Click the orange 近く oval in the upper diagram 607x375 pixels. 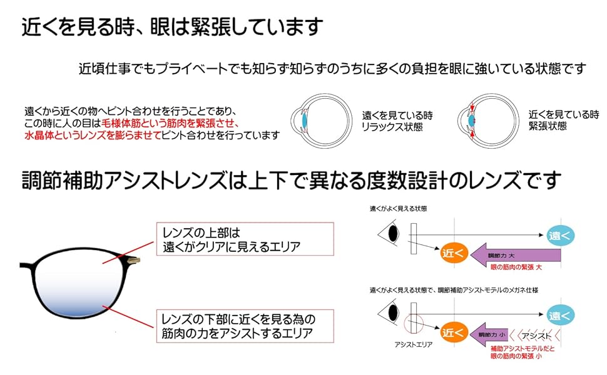click(x=454, y=252)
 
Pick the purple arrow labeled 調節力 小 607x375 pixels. click(x=488, y=335)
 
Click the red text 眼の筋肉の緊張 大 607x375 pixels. click(x=514, y=267)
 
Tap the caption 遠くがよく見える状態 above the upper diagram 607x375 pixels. click(x=402, y=209)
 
